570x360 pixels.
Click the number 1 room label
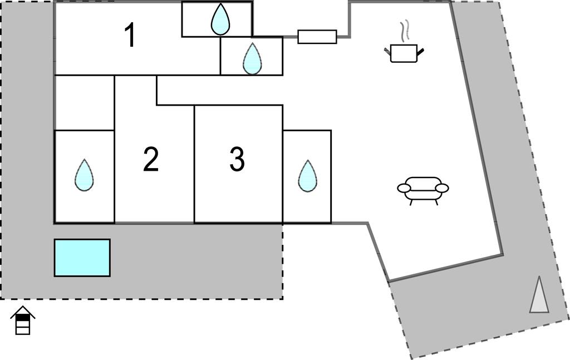[130, 35]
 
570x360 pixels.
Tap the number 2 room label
[151, 160]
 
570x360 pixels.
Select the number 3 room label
[237, 160]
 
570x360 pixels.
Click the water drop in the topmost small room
[220, 20]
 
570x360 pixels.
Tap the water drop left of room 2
[84, 175]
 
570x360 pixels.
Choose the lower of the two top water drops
[252, 58]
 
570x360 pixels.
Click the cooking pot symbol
[404, 53]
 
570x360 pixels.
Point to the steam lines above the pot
[406, 31]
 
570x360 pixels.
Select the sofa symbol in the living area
[423, 189]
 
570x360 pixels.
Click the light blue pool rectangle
[82, 258]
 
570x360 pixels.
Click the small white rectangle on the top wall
[317, 37]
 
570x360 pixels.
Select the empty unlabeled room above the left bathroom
[84, 102]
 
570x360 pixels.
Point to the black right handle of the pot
[421, 52]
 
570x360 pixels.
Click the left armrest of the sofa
[404, 189]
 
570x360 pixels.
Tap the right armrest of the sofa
[442, 188]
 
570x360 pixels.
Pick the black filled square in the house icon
[23, 318]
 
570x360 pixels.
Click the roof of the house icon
[23, 310]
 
